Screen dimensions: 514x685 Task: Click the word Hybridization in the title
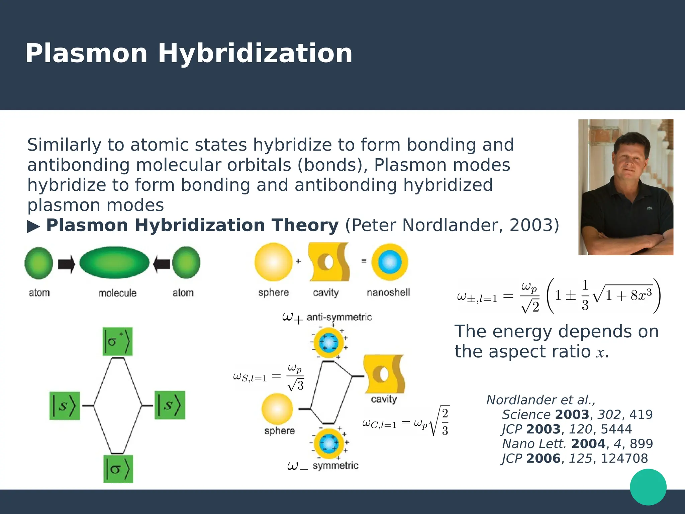(x=255, y=54)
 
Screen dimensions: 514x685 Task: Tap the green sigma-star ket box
(x=117, y=342)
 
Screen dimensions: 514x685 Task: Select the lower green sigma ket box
(x=118, y=469)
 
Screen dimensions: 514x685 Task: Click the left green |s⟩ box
(x=65, y=406)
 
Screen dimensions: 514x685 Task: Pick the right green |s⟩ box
(x=170, y=405)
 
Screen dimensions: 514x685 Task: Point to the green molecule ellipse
(x=114, y=263)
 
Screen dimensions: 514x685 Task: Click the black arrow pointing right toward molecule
(x=66, y=264)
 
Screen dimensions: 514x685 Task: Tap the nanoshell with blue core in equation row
(x=390, y=262)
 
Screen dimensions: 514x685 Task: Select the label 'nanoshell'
(x=388, y=292)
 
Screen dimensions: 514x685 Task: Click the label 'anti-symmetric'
(x=339, y=317)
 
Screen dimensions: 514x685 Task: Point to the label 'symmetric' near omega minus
(x=335, y=465)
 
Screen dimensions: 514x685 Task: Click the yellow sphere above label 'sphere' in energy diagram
(x=277, y=409)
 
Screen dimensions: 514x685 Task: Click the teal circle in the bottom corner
(x=648, y=487)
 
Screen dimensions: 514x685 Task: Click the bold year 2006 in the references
(x=543, y=458)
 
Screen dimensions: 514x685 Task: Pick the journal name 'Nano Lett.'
(x=534, y=444)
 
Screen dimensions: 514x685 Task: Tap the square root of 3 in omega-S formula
(x=295, y=385)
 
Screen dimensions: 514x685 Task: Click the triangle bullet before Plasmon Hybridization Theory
(x=33, y=227)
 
